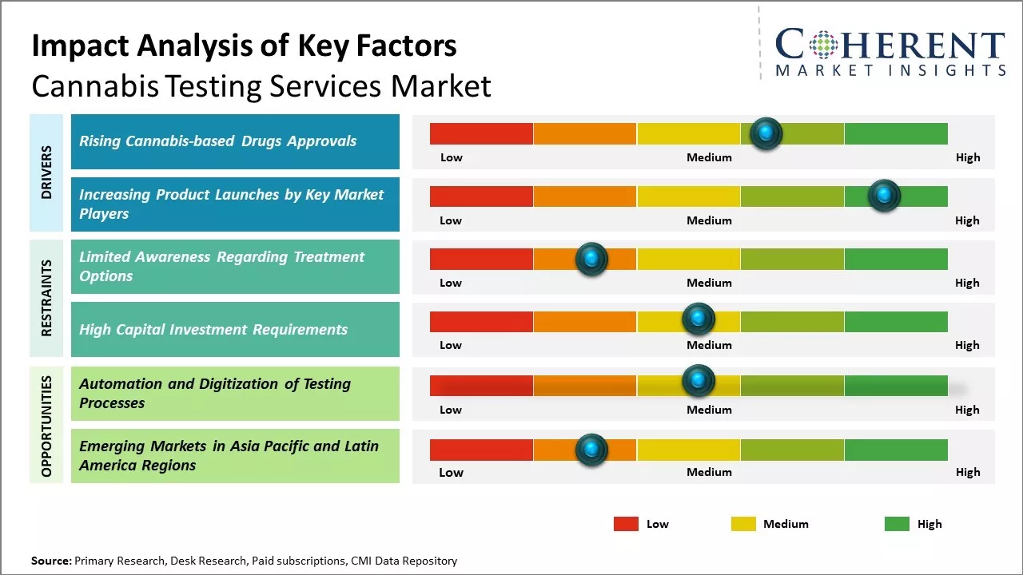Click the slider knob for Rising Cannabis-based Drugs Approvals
[x=766, y=133]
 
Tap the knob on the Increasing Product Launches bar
[x=884, y=196]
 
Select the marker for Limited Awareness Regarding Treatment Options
[x=591, y=259]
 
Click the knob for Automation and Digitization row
[x=699, y=381]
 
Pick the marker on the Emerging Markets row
[x=591, y=450]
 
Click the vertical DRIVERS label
[x=46, y=172]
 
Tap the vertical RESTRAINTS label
[x=46, y=297]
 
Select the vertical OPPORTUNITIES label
[x=46, y=426]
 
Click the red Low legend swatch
[x=626, y=524]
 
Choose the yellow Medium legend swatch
[x=743, y=524]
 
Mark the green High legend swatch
[x=897, y=524]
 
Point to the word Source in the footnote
[x=51, y=561]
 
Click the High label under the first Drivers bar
[x=967, y=157]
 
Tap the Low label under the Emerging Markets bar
[x=451, y=472]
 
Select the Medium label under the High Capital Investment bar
[x=709, y=345]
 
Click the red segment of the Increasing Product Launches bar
[x=481, y=196]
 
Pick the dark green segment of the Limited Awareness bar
[x=895, y=259]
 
